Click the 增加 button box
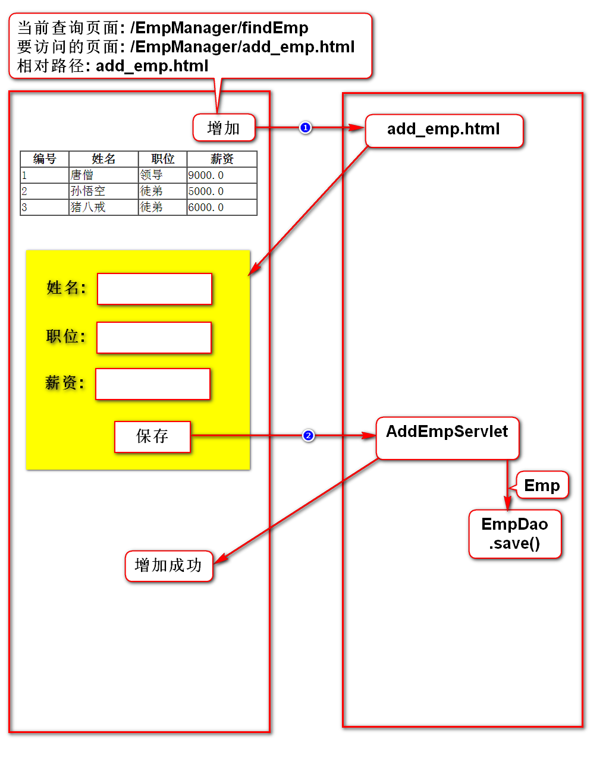[x=224, y=128]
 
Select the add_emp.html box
[x=444, y=130]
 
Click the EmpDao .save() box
[x=514, y=533]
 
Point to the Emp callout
[x=542, y=486]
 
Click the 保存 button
[x=152, y=436]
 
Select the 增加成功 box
[x=168, y=565]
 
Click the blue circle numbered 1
[x=305, y=128]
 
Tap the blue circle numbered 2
[x=308, y=436]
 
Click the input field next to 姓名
[x=155, y=289]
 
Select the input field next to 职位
[x=154, y=338]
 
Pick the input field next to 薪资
[x=153, y=384]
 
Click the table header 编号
[x=45, y=159]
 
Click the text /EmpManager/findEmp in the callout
[x=219, y=28]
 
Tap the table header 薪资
[x=222, y=159]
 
